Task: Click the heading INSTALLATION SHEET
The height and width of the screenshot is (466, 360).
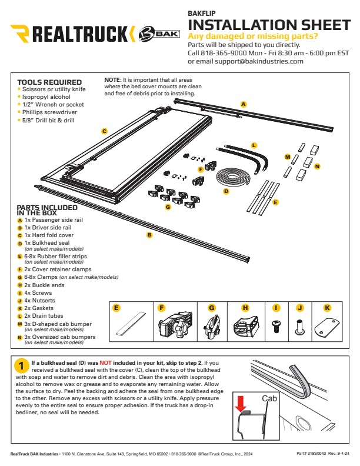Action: coord(268,25)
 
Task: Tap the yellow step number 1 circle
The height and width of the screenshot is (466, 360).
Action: coord(21,367)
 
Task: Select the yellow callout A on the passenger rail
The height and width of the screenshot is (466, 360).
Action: coord(243,104)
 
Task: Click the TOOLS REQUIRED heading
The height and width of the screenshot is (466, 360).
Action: coord(49,82)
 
